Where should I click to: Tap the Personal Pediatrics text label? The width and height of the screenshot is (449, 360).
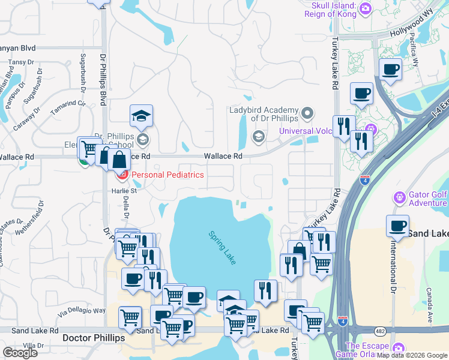167,175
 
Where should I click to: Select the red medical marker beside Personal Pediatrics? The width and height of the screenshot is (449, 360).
122,175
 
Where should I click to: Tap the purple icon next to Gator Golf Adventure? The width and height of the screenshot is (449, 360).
399,197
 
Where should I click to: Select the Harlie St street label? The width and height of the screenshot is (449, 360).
124,191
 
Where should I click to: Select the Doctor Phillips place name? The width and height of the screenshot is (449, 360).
94,338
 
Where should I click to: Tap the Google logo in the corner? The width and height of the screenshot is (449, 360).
20,352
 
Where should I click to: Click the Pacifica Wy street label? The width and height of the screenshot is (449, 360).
415,53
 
